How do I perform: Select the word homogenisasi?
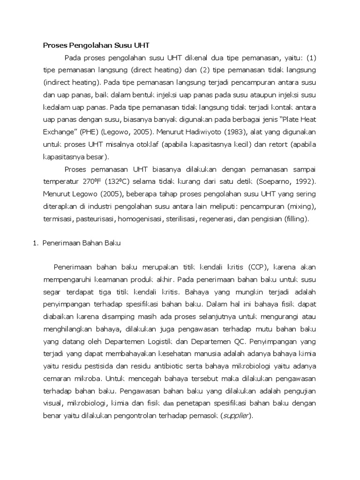140,218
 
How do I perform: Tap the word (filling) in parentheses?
293,218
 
